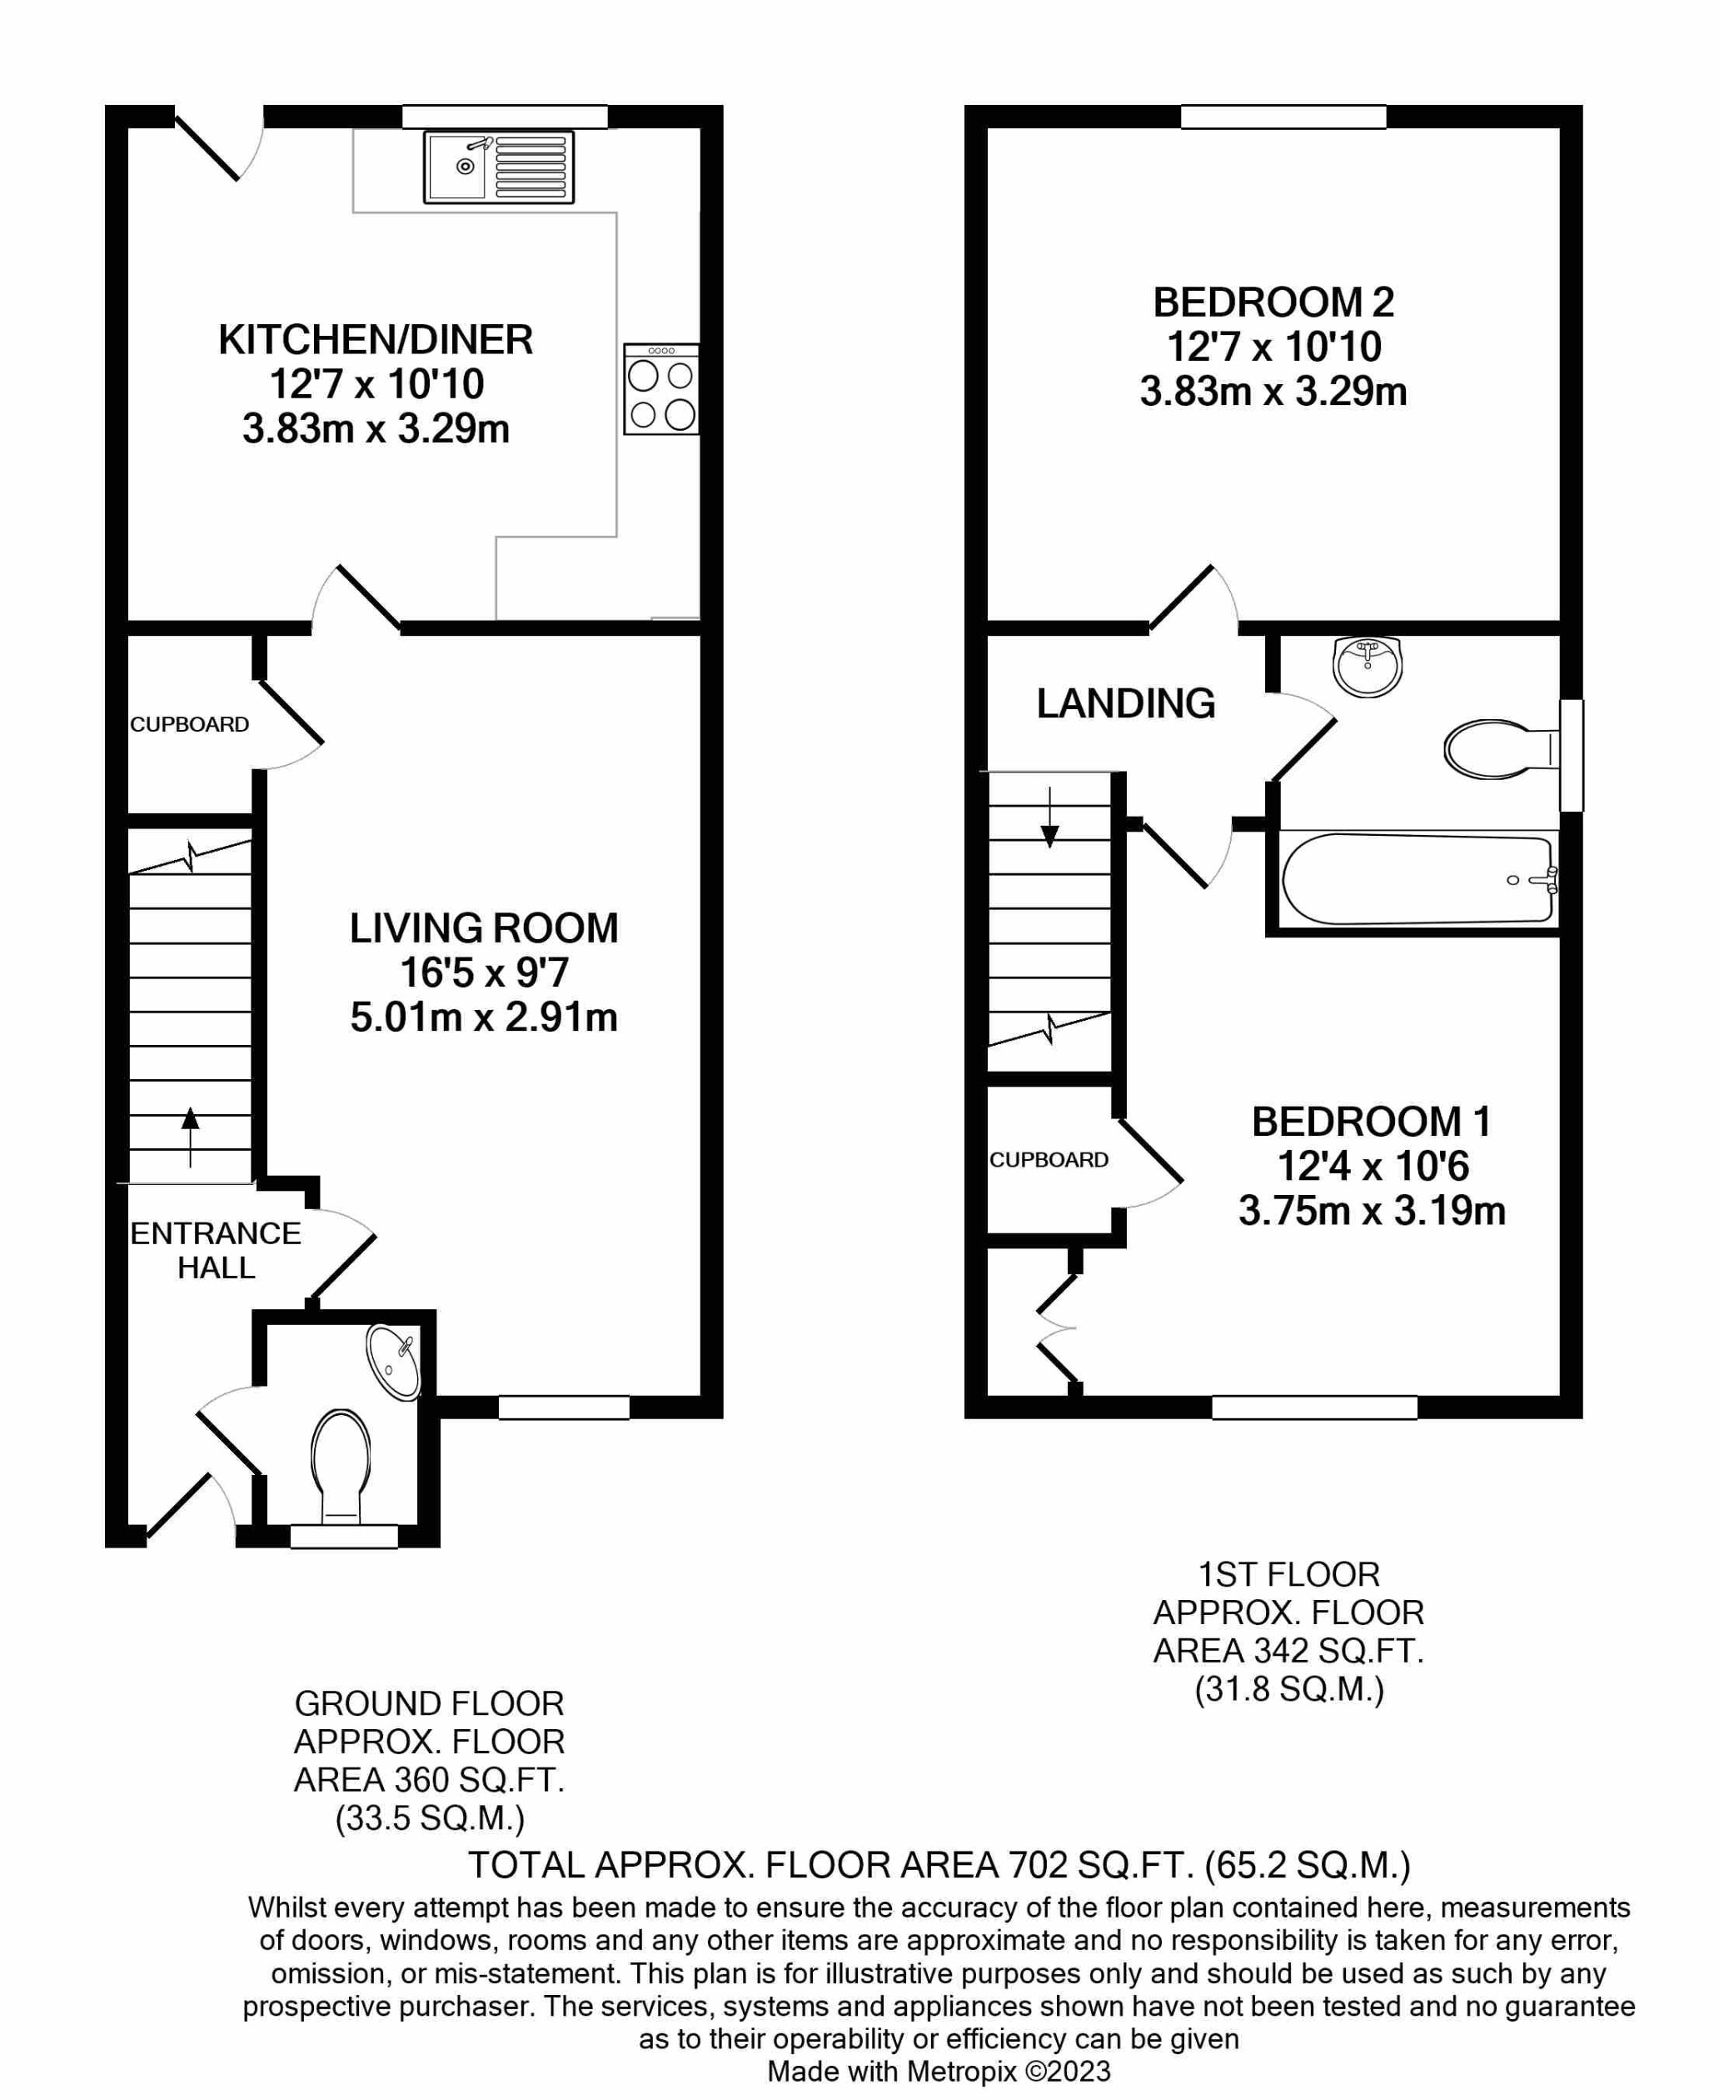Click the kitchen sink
pyautogui.click(x=498, y=167)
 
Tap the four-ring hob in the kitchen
pyautogui.click(x=661, y=389)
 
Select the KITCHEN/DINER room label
pyautogui.click(x=376, y=340)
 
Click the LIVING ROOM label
pyautogui.click(x=483, y=928)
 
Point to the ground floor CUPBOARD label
pyautogui.click(x=189, y=724)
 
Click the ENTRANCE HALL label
pyautogui.click(x=216, y=1250)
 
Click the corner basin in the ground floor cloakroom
pyautogui.click(x=394, y=1363)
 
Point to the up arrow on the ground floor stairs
pyautogui.click(x=189, y=1135)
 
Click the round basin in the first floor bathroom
pyautogui.click(x=1367, y=666)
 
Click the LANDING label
pyautogui.click(x=1125, y=703)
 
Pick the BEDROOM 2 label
pyautogui.click(x=1273, y=302)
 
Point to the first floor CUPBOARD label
pyautogui.click(x=1049, y=1160)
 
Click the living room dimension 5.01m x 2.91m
pyautogui.click(x=483, y=1017)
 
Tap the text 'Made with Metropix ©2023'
pyautogui.click(x=939, y=2072)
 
